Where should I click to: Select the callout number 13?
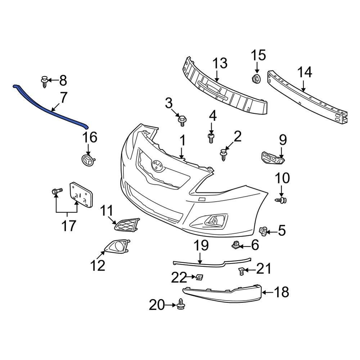point(220,63)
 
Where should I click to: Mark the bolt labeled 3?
point(182,120)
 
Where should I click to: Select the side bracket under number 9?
point(273,158)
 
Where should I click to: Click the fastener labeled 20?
point(181,305)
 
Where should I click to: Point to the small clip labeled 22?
point(199,277)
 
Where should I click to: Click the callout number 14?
point(305,72)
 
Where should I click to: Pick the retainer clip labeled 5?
point(264,230)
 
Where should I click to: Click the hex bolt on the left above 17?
point(55,191)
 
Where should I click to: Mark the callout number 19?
point(201,246)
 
